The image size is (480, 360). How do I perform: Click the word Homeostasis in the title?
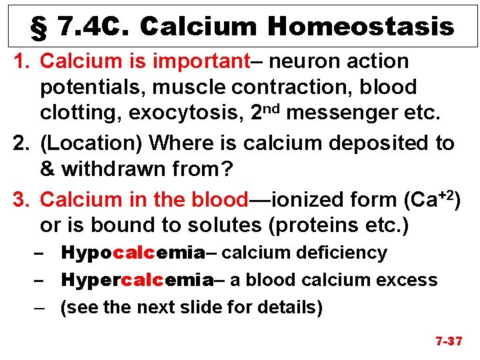click(x=361, y=27)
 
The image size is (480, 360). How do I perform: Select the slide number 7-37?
click(x=449, y=341)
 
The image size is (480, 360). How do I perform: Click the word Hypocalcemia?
click(x=132, y=253)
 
